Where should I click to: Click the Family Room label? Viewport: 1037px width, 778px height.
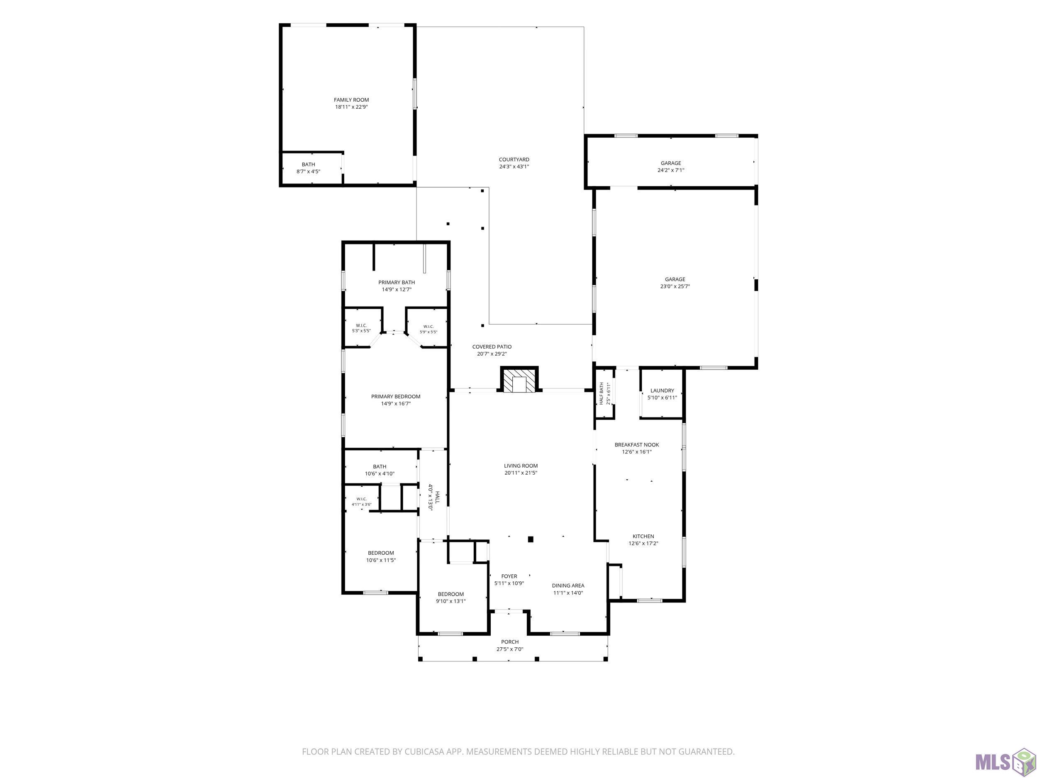click(x=351, y=100)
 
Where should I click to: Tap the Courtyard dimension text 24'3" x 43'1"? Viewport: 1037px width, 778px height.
click(x=514, y=166)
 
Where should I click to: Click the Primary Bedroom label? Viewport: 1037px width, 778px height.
click(x=396, y=396)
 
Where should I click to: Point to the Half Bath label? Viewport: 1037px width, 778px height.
click(x=601, y=394)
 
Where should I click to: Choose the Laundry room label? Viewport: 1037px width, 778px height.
click(x=662, y=390)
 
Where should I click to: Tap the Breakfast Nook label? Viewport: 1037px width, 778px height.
click(x=637, y=444)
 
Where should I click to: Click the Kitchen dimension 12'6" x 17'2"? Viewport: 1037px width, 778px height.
click(x=643, y=544)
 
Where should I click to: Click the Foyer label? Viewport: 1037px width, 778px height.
click(x=509, y=576)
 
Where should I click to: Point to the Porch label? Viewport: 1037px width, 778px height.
click(x=510, y=642)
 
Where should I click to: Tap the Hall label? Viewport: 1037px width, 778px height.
click(x=437, y=497)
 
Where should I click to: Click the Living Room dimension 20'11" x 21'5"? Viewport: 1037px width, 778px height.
click(x=521, y=473)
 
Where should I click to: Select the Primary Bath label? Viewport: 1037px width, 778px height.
click(x=397, y=282)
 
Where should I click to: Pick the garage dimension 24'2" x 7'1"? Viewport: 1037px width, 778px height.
click(x=670, y=170)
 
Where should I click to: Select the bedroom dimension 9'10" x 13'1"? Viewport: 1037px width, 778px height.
click(x=450, y=601)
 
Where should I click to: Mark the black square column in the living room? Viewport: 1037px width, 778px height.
click(x=531, y=539)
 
